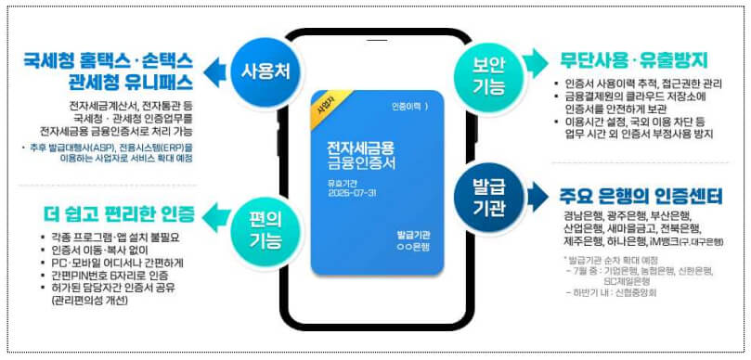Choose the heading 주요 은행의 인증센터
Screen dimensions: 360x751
pyautogui.click(x=640, y=198)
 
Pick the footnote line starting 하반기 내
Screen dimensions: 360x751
pyautogui.click(x=611, y=292)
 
